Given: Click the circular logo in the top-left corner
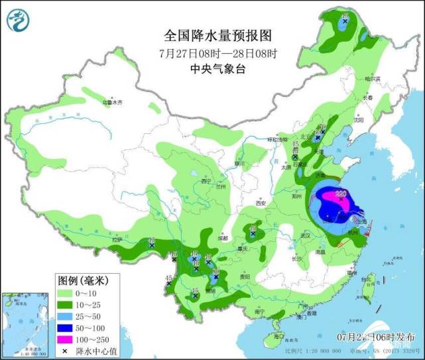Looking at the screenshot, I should click(19, 21).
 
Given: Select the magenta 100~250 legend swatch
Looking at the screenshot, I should click(66, 339).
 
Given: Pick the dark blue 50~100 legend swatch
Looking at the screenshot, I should click(66, 327).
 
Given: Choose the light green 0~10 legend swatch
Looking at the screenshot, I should click(66, 292).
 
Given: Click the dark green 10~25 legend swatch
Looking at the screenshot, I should click(66, 304).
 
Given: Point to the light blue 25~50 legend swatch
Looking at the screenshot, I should click(66, 316).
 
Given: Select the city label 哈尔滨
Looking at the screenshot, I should click(376, 79).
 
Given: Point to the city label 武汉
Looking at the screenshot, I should click(304, 235).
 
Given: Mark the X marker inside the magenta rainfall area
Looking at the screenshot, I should click(339, 197).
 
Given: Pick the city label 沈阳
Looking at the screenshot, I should click(359, 121).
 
